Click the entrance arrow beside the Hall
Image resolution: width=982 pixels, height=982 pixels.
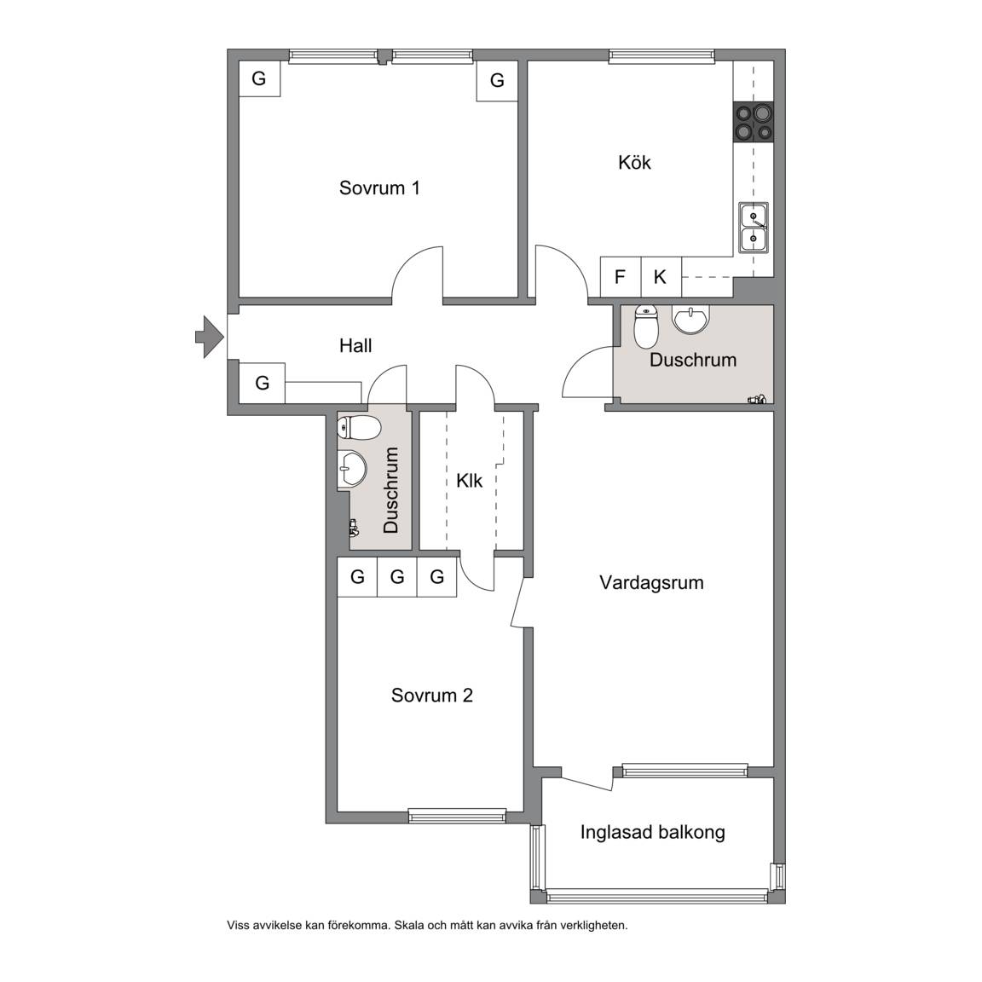[x=210, y=337]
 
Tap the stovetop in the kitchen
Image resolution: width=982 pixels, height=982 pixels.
[x=754, y=122]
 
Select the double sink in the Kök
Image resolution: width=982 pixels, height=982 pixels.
[x=754, y=228]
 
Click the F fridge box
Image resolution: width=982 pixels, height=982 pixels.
[x=620, y=277]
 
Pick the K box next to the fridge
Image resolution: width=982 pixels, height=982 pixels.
[x=661, y=277]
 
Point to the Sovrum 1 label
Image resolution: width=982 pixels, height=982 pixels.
[x=379, y=188]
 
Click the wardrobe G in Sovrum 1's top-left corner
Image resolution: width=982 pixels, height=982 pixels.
[x=259, y=79]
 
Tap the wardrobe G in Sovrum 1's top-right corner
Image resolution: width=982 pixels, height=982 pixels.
[x=497, y=80]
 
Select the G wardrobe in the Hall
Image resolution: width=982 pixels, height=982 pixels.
[x=263, y=383]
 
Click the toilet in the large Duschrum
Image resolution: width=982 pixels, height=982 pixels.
[x=646, y=326]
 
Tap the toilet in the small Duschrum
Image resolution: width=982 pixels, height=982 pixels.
[x=359, y=429]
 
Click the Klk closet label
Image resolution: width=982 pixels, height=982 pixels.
[x=469, y=481]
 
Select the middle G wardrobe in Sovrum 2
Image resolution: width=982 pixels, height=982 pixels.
[x=397, y=577]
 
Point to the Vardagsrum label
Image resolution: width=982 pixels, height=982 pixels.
[x=651, y=582]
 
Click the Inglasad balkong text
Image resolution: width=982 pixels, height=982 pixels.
[x=653, y=832]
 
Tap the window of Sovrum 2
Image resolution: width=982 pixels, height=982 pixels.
[x=457, y=816]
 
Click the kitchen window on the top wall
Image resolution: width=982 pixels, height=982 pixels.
[x=661, y=56]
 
